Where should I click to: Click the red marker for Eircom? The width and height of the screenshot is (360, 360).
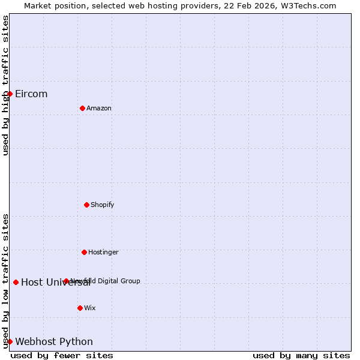click(10, 94)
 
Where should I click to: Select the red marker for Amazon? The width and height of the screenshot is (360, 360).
click(82, 108)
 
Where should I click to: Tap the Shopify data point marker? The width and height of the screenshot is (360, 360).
click(86, 205)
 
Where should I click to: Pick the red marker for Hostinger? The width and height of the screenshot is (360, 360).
click(84, 252)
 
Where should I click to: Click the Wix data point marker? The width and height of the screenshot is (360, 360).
click(80, 308)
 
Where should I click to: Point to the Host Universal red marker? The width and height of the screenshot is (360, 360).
click(16, 282)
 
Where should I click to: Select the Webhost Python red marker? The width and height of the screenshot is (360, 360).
click(10, 341)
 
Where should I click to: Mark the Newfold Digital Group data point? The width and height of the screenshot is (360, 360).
click(66, 281)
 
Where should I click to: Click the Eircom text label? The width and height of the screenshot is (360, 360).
click(31, 94)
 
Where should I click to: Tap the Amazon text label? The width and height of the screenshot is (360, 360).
click(99, 108)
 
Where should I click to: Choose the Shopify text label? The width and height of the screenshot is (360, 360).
click(102, 205)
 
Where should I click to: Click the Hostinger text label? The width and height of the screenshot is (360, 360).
click(103, 252)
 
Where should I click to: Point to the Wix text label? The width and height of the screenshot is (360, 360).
click(90, 308)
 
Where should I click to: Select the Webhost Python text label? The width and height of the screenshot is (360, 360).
click(54, 341)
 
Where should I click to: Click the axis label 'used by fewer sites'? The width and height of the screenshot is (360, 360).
click(62, 355)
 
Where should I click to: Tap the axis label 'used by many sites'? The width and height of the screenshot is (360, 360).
click(301, 355)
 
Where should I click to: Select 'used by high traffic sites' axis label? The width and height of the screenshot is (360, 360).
click(5, 85)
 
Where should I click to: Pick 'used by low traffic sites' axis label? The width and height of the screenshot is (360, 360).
click(5, 281)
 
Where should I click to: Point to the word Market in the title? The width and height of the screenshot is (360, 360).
click(37, 5)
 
